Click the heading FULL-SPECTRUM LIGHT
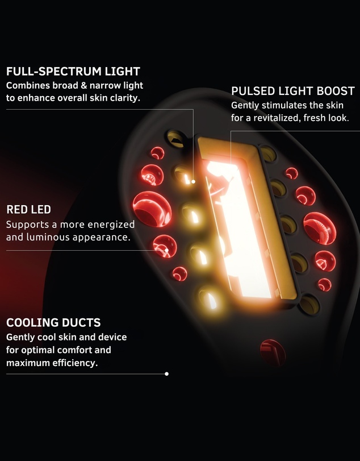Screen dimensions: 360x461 click(73, 72)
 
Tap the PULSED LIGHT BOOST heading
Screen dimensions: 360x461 click(293, 91)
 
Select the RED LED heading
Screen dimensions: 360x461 click(29, 210)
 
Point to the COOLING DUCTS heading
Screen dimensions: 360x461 click(53, 323)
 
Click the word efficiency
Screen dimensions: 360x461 click(75, 363)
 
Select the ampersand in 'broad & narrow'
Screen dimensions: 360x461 click(84, 86)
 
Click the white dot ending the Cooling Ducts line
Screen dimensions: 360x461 click(166, 374)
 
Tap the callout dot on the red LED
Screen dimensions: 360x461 click(166, 251)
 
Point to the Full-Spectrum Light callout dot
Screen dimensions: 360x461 click(193, 182)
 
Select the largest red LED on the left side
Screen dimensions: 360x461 click(152, 209)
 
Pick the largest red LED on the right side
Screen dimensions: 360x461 click(320, 229)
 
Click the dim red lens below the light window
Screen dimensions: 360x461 click(273, 353)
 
